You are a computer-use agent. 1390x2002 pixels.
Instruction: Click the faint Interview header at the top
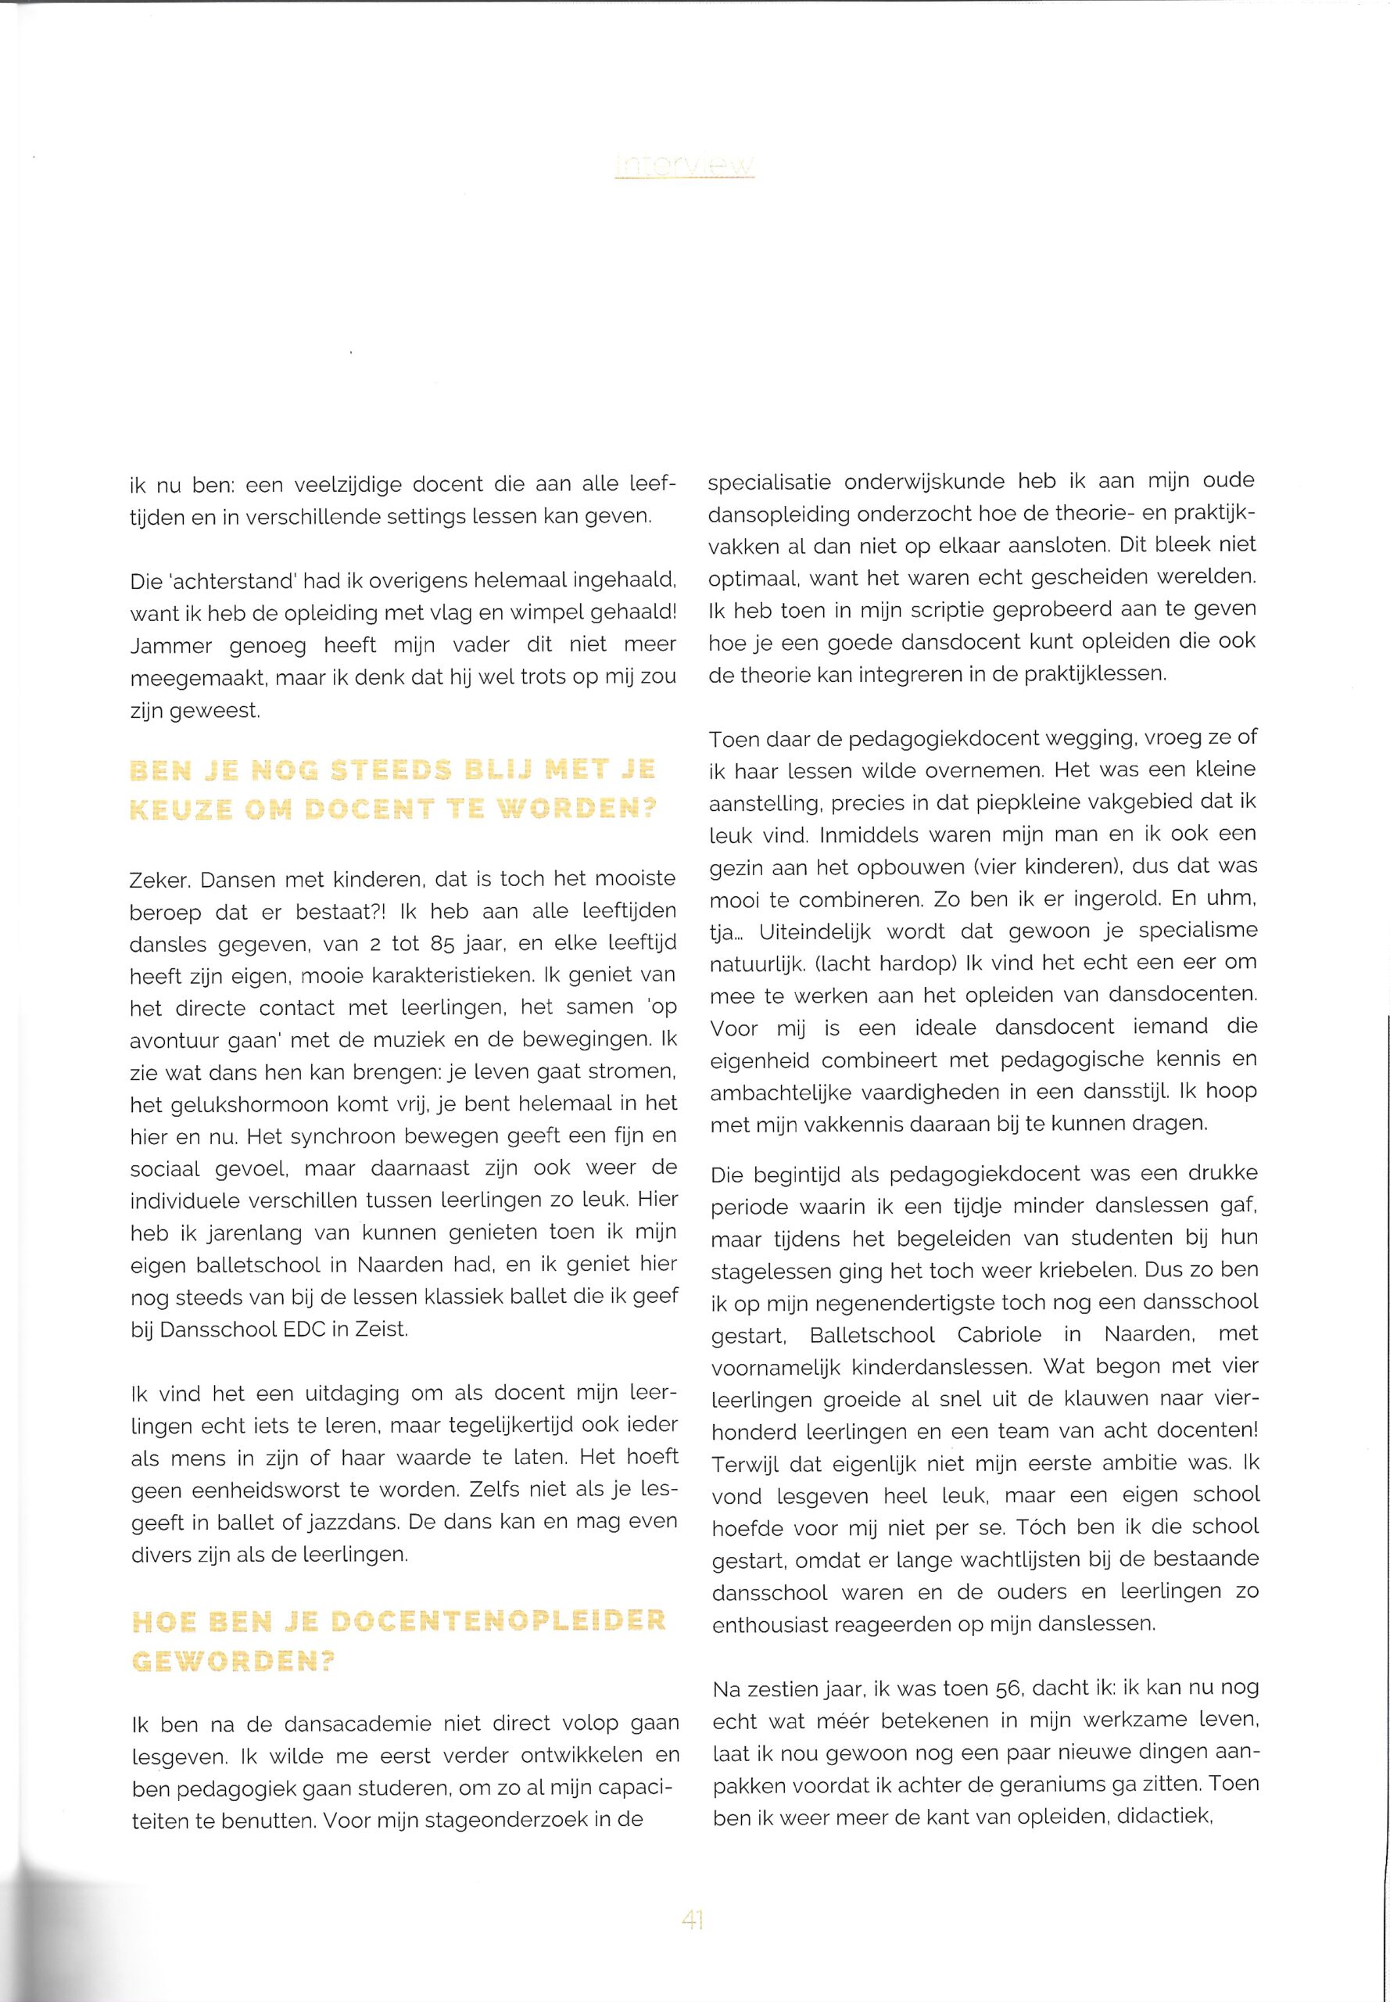click(685, 166)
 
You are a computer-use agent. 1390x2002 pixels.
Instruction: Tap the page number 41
click(693, 1920)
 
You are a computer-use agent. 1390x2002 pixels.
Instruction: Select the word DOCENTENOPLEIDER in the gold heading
click(499, 1621)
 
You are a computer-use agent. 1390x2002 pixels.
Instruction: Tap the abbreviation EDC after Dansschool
click(306, 1331)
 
